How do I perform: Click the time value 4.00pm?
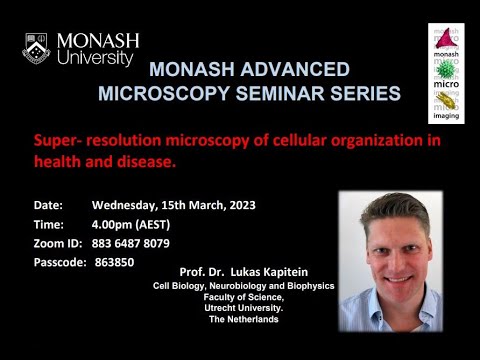pyautogui.click(x=113, y=224)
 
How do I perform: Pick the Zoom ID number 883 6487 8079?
pyautogui.click(x=130, y=243)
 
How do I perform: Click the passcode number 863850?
pyautogui.click(x=115, y=262)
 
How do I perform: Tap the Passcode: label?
pyautogui.click(x=61, y=262)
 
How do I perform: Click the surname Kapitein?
pyautogui.click(x=294, y=272)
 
